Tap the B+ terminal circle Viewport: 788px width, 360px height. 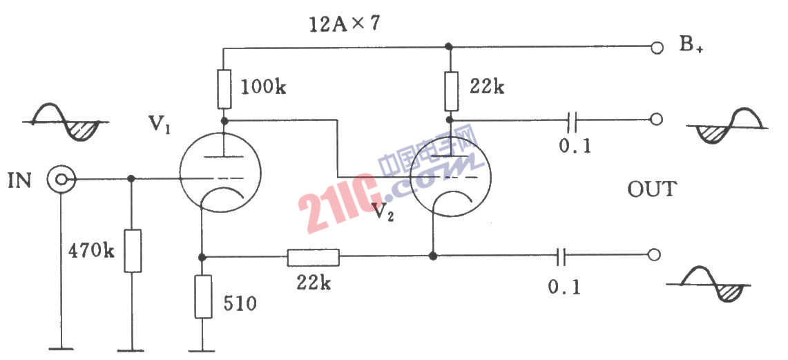coord(655,48)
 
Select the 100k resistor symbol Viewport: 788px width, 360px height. coord(224,89)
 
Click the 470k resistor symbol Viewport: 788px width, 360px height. coord(132,250)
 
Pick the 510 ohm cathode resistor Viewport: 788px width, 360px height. coord(203,296)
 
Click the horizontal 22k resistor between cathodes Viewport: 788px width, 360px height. coord(313,257)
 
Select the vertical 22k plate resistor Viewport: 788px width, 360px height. coord(450,91)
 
